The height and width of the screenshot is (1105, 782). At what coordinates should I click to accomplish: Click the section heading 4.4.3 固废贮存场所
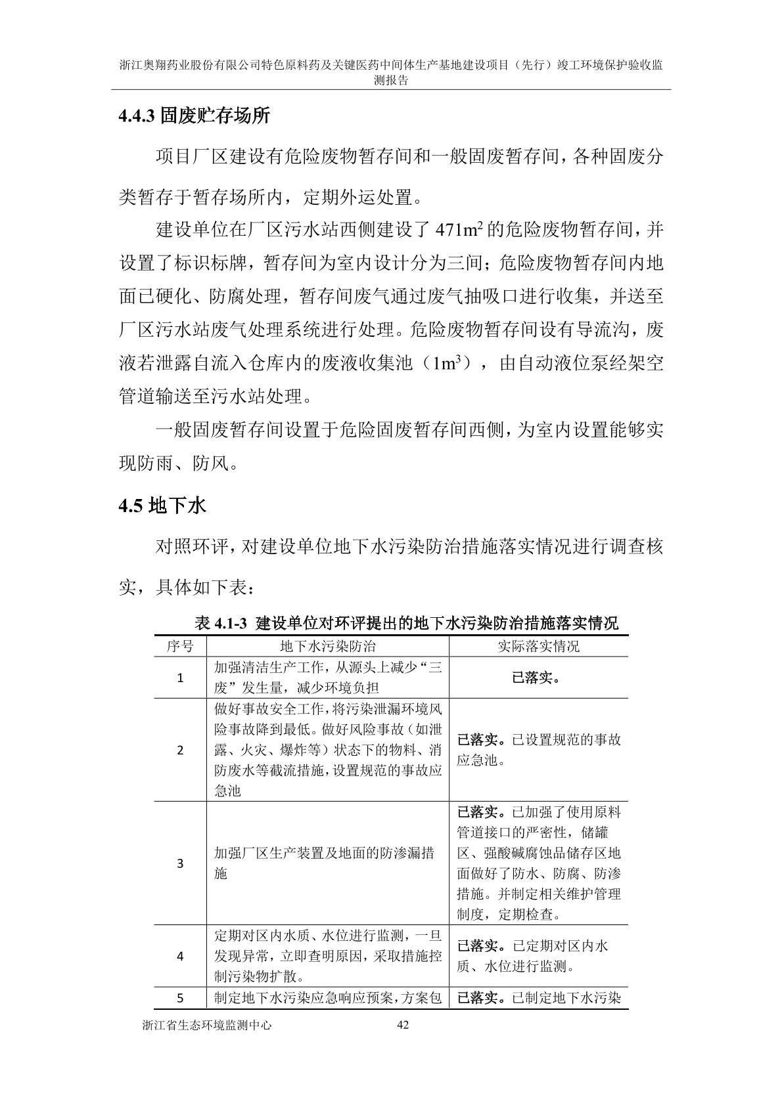pyautogui.click(x=194, y=117)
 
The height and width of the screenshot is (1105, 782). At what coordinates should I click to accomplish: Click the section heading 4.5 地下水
pyautogui.click(x=162, y=506)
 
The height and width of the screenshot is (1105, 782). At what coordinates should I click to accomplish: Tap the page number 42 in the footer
pyautogui.click(x=404, y=1024)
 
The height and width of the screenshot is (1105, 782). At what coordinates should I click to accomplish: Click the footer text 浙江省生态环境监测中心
pyautogui.click(x=206, y=1024)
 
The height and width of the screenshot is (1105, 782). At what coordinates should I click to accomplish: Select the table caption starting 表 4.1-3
pyautogui.click(x=407, y=623)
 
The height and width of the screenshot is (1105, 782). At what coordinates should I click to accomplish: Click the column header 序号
pyautogui.click(x=180, y=646)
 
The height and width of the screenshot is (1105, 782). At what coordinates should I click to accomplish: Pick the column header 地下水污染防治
pyautogui.click(x=327, y=646)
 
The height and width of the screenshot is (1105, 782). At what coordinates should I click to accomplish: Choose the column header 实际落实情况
pyautogui.click(x=538, y=646)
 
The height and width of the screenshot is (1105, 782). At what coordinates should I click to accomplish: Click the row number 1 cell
pyautogui.click(x=180, y=678)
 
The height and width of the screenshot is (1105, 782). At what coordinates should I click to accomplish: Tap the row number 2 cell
pyautogui.click(x=180, y=750)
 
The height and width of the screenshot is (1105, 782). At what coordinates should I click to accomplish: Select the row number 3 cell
pyautogui.click(x=180, y=863)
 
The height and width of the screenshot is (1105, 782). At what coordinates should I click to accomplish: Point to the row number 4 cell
pyautogui.click(x=180, y=956)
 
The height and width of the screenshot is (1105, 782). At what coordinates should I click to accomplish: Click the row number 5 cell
pyautogui.click(x=180, y=999)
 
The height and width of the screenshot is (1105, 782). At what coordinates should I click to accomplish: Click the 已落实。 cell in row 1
pyautogui.click(x=538, y=678)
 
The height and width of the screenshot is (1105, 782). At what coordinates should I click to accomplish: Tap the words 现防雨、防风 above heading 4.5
pyautogui.click(x=174, y=464)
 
